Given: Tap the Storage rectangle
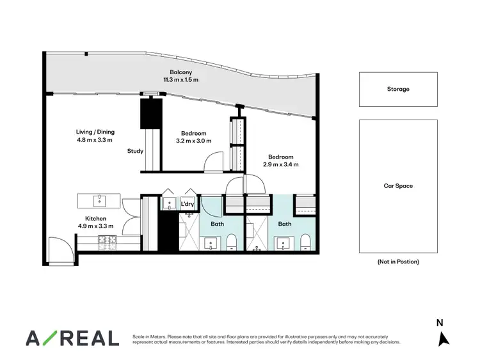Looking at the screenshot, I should click(x=398, y=90).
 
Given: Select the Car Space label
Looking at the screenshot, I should click(x=398, y=186).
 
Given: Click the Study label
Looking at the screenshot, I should click(x=135, y=152).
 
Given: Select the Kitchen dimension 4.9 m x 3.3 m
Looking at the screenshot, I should click(x=95, y=226).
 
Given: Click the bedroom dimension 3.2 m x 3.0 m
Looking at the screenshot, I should click(x=193, y=141).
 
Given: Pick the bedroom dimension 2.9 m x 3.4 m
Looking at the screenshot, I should click(x=281, y=164).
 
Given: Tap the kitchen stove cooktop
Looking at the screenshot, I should click(x=106, y=240).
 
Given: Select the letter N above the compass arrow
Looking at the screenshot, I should click(x=440, y=323).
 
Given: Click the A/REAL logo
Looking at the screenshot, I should click(x=72, y=338).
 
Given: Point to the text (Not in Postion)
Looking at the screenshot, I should click(x=398, y=262).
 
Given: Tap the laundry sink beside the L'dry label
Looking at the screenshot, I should click(x=170, y=205).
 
